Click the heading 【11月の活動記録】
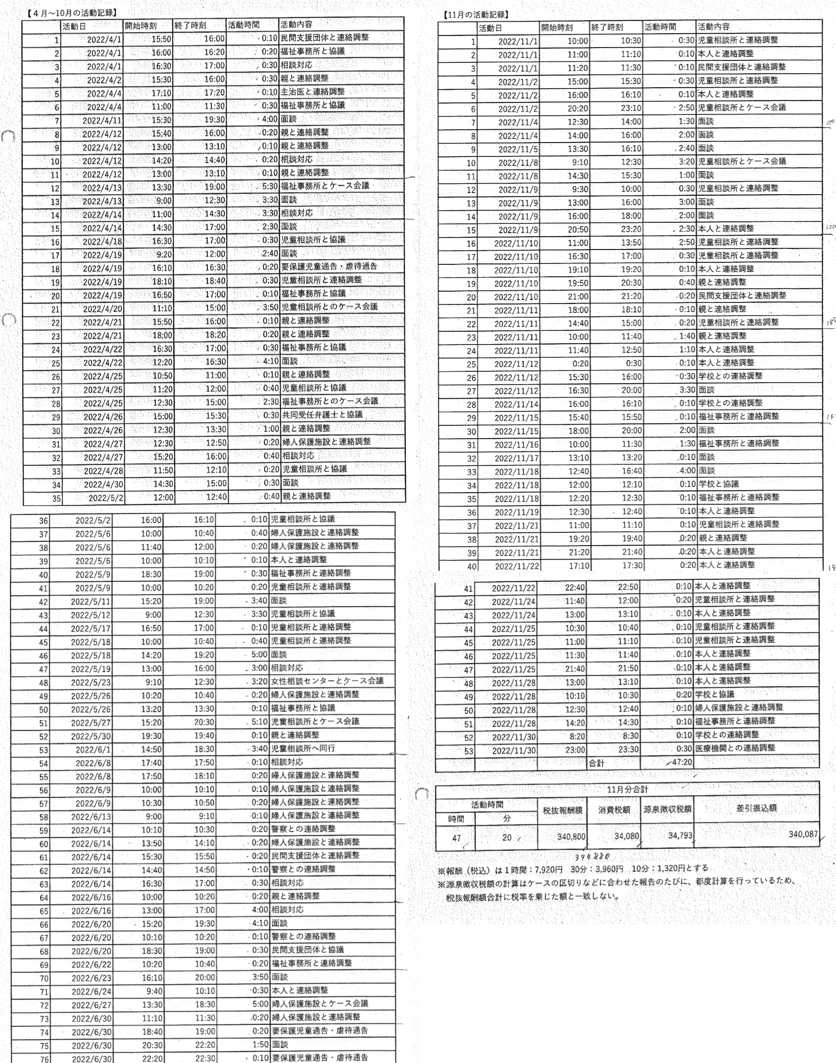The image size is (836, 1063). pyautogui.click(x=476, y=15)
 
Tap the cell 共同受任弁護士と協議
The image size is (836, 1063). pyautogui.click(x=322, y=414)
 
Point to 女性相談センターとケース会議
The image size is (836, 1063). pyautogui.click(x=327, y=680)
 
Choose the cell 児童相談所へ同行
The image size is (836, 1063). pyautogui.click(x=303, y=748)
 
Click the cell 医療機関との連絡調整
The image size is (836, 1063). pyautogui.click(x=735, y=748)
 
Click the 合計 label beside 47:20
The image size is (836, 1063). pyautogui.click(x=596, y=763)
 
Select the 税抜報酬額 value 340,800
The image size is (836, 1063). pyautogui.click(x=571, y=836)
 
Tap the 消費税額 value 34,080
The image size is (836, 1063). pyautogui.click(x=626, y=836)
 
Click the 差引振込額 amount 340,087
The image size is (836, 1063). pyautogui.click(x=803, y=834)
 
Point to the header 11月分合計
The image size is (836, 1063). pyautogui.click(x=627, y=789)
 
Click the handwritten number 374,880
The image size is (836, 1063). pyautogui.click(x=591, y=856)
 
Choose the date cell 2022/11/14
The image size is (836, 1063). pyautogui.click(x=517, y=405)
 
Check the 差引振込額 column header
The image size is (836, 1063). pyautogui.click(x=756, y=808)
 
